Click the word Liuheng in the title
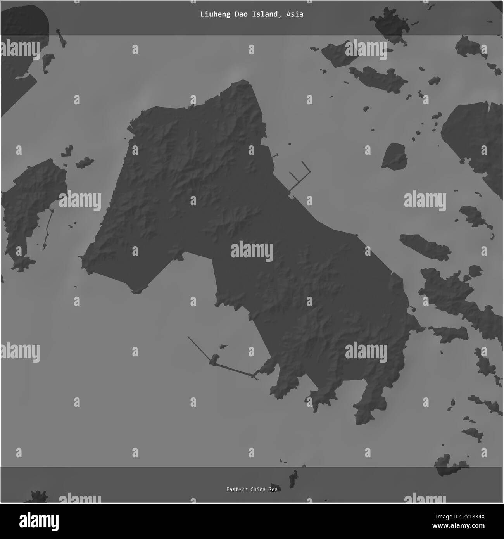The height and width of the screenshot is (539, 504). point(213,14)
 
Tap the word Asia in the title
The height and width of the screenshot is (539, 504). point(295,14)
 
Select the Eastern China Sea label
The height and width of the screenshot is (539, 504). point(252,489)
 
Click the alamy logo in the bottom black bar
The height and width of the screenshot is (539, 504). point(39,520)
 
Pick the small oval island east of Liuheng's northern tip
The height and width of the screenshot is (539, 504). point(394,156)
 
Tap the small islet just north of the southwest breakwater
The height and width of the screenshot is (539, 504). point(223,346)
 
